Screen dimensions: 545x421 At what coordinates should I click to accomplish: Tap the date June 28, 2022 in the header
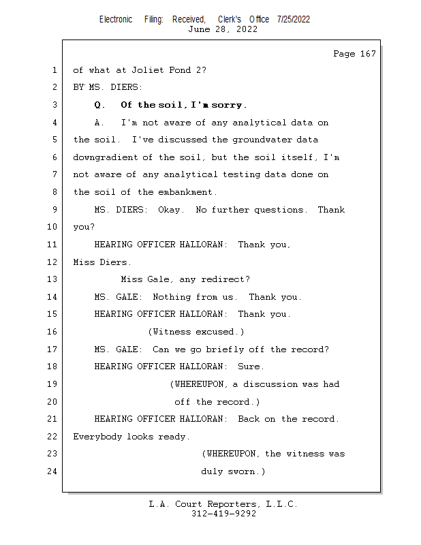pyautogui.click(x=223, y=29)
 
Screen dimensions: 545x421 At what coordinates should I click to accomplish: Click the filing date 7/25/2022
pyautogui.click(x=294, y=19)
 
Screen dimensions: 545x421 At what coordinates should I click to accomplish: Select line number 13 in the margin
pyautogui.click(x=53, y=279)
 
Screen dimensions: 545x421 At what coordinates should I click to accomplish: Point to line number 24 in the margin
pyautogui.click(x=53, y=471)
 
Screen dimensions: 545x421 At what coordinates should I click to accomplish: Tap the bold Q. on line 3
pyautogui.click(x=100, y=105)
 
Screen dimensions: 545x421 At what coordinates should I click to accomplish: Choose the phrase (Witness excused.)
pyautogui.click(x=196, y=332)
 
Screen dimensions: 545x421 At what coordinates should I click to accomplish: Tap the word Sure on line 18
pyautogui.click(x=253, y=367)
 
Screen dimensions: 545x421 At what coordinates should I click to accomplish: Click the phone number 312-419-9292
pyautogui.click(x=223, y=514)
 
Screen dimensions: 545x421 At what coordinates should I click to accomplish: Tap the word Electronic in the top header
pyautogui.click(x=116, y=19)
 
